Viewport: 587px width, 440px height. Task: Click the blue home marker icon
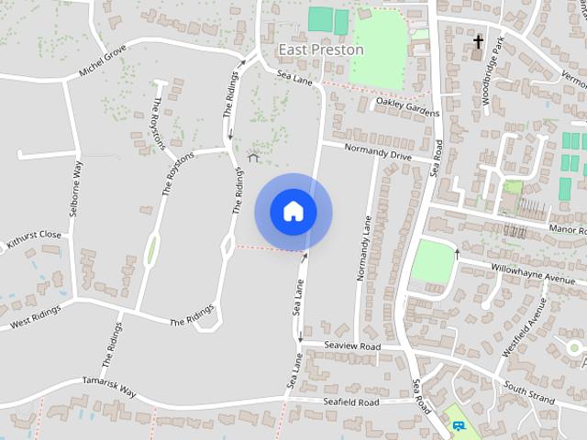pos(293,211)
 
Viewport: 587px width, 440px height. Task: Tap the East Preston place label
pos(320,49)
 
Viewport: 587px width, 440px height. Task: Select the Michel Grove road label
pos(103,62)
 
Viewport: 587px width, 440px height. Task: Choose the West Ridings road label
pos(36,317)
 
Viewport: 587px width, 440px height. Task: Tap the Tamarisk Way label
pos(109,385)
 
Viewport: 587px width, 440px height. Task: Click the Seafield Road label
pos(350,402)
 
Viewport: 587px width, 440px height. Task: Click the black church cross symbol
pos(478,41)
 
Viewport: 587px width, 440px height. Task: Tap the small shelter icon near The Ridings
pos(254,157)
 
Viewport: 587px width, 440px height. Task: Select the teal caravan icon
pos(457,426)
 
